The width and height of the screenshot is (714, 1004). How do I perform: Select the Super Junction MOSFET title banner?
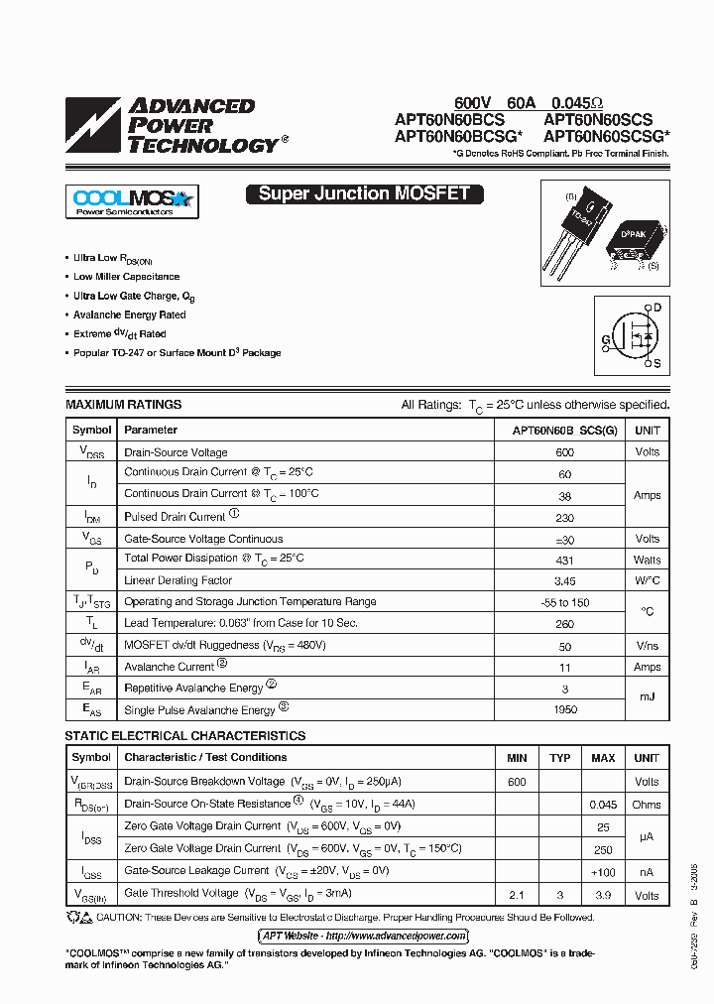364,194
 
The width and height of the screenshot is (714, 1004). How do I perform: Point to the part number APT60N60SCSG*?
606,138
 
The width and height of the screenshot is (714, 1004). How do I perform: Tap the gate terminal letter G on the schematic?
605,338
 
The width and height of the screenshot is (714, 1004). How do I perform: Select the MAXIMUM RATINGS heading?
124,405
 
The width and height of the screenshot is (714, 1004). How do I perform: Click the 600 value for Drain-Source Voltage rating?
565,452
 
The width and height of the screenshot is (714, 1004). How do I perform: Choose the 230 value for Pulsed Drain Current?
565,517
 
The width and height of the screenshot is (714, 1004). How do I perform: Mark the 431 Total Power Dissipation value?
565,560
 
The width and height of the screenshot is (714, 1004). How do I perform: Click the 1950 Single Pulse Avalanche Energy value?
565,710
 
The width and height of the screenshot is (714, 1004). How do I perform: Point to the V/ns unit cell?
647,646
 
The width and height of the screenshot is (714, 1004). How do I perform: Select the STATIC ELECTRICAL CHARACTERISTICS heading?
185,736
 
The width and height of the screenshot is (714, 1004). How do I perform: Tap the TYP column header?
560,758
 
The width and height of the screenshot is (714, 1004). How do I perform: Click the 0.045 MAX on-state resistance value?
603,805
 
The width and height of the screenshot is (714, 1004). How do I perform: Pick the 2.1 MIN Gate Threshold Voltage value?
517,896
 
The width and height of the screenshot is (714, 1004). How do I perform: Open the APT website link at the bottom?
364,936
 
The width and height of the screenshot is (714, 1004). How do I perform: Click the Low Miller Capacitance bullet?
127,277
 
